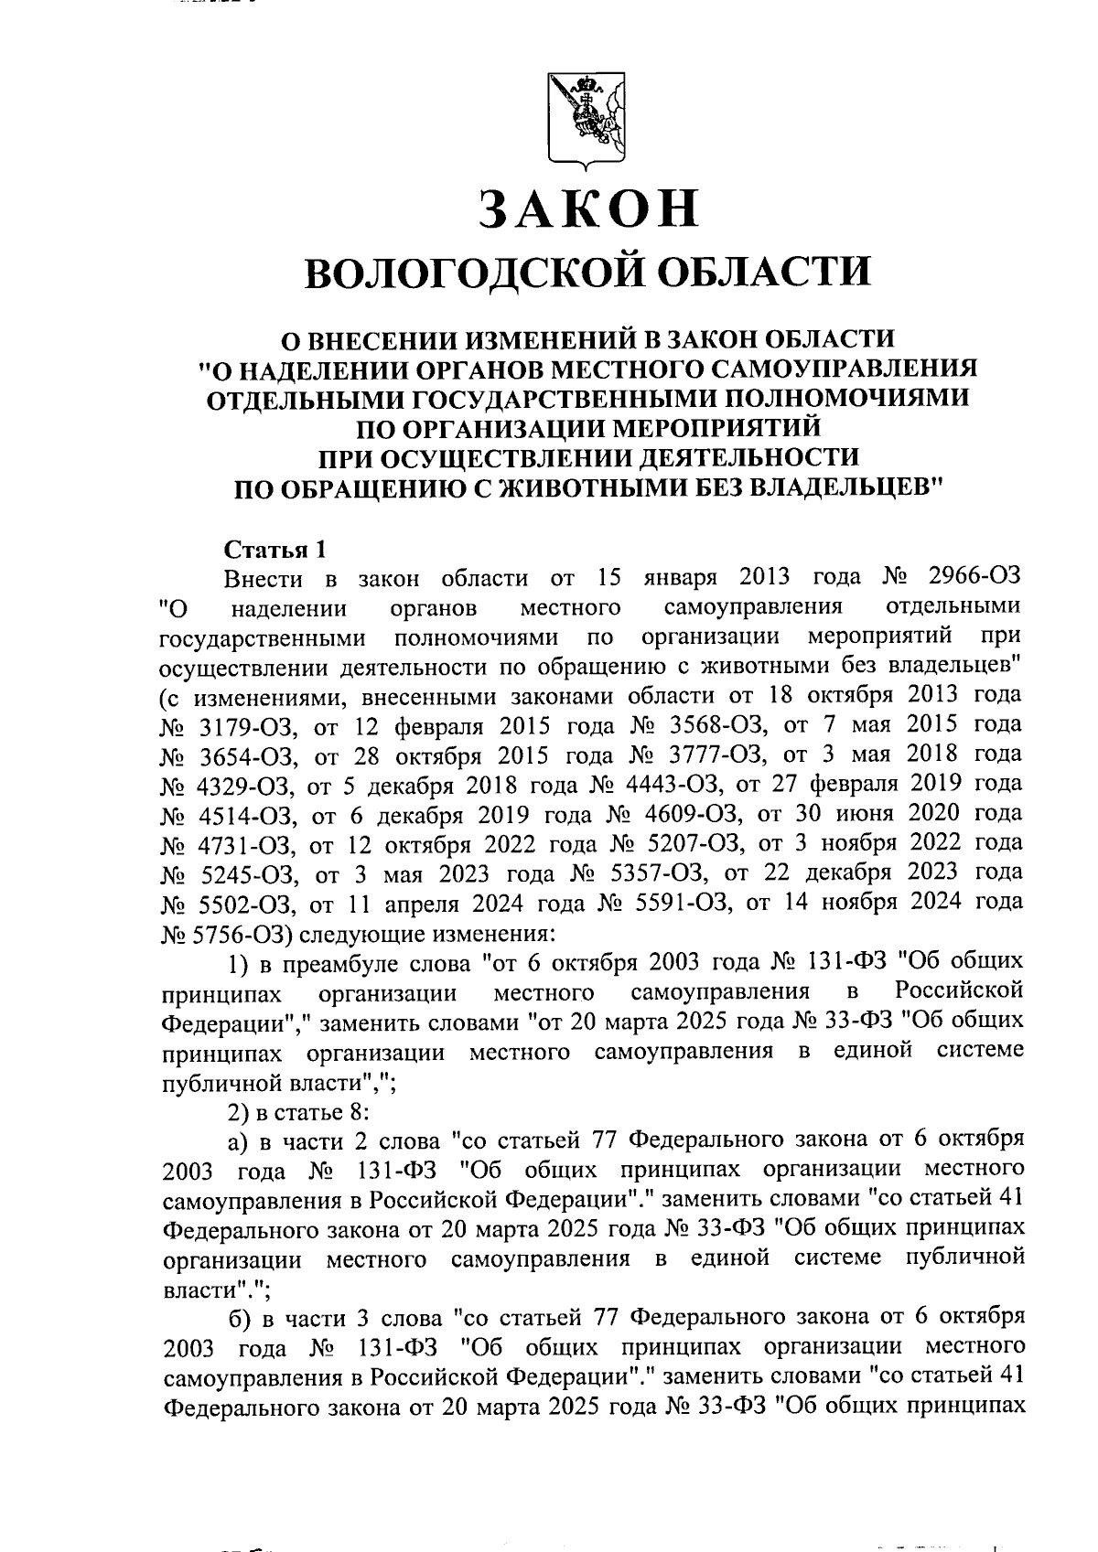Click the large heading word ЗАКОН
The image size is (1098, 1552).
[588, 209]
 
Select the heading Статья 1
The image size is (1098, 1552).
[274, 550]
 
